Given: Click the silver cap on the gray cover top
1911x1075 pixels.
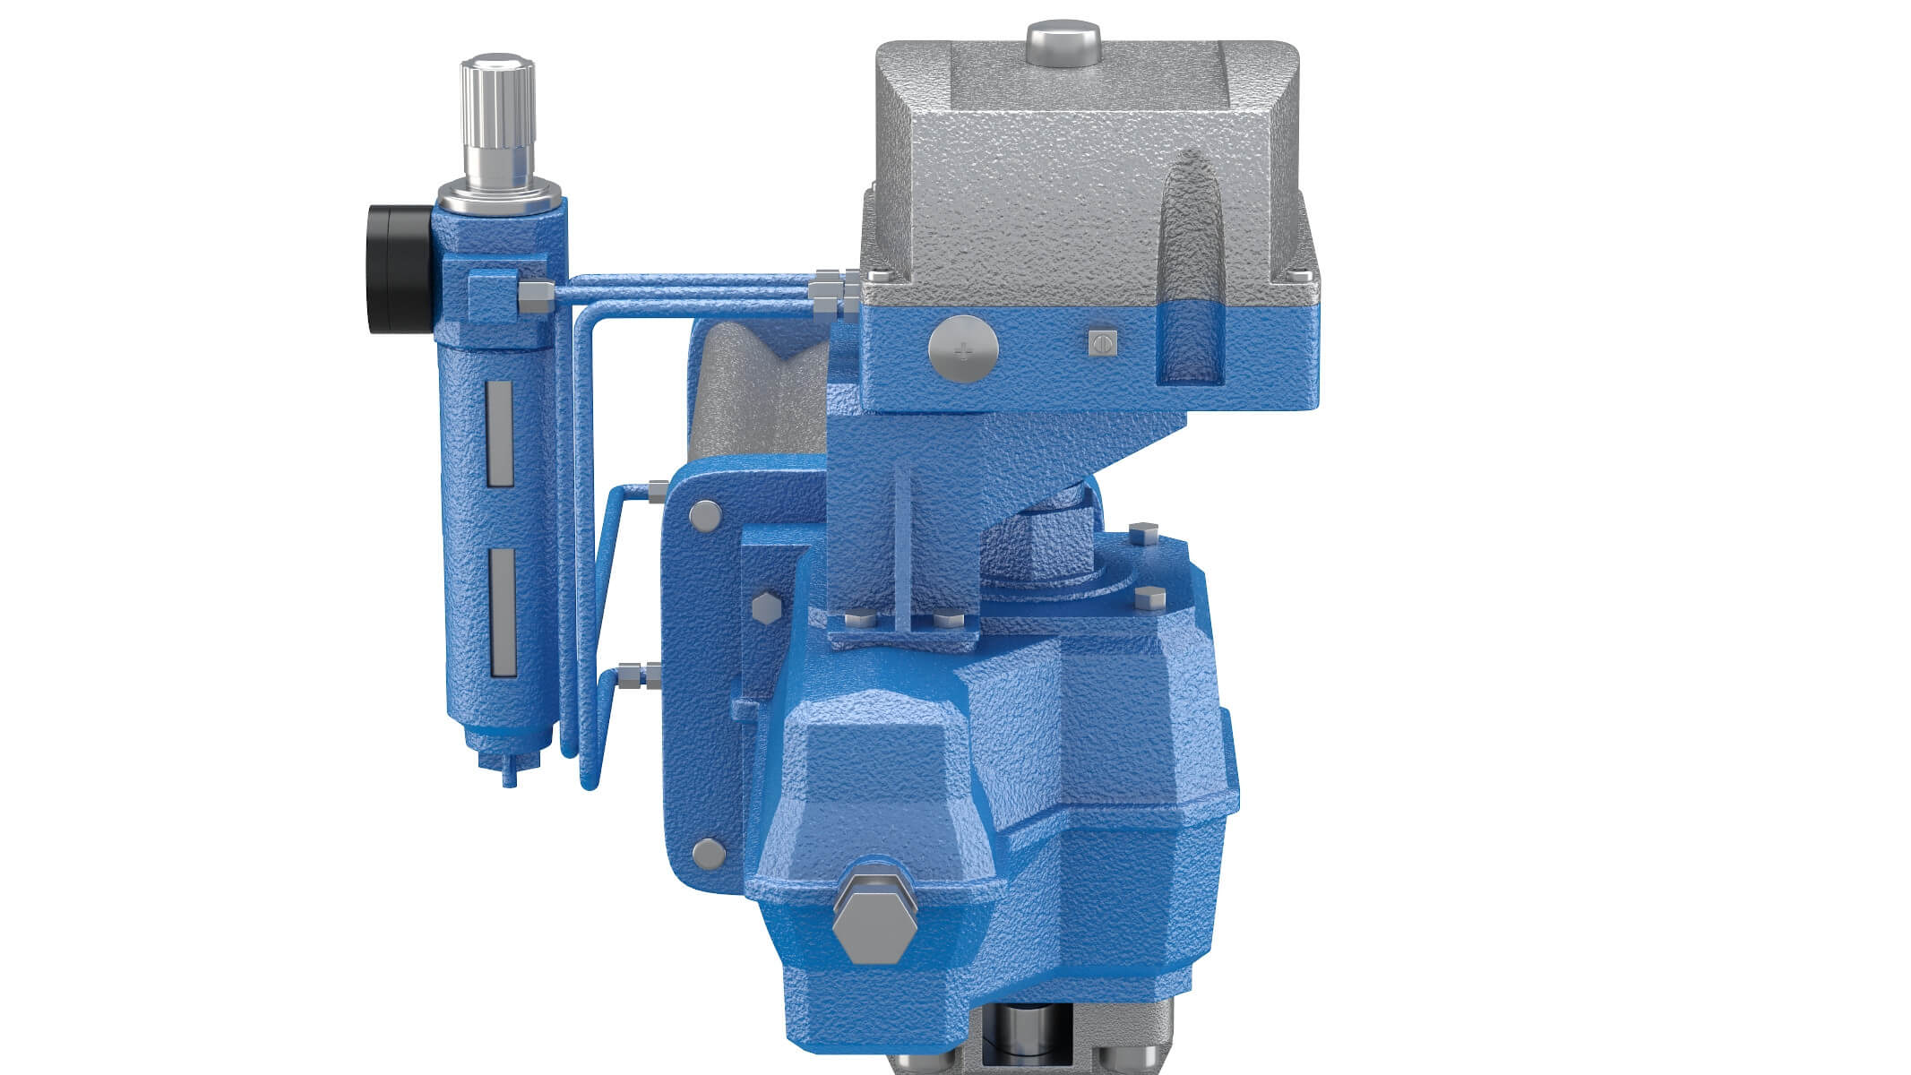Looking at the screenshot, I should [x=1063, y=42].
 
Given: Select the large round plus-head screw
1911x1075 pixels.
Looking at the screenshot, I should [x=963, y=348].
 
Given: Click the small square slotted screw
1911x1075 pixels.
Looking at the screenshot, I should [x=1101, y=343].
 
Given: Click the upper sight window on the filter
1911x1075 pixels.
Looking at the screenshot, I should [x=499, y=434].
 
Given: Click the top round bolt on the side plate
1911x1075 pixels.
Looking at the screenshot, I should [x=704, y=514].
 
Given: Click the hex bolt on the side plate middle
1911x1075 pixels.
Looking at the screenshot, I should [x=767, y=607].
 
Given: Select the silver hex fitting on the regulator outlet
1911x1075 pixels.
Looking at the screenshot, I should [x=535, y=296].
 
